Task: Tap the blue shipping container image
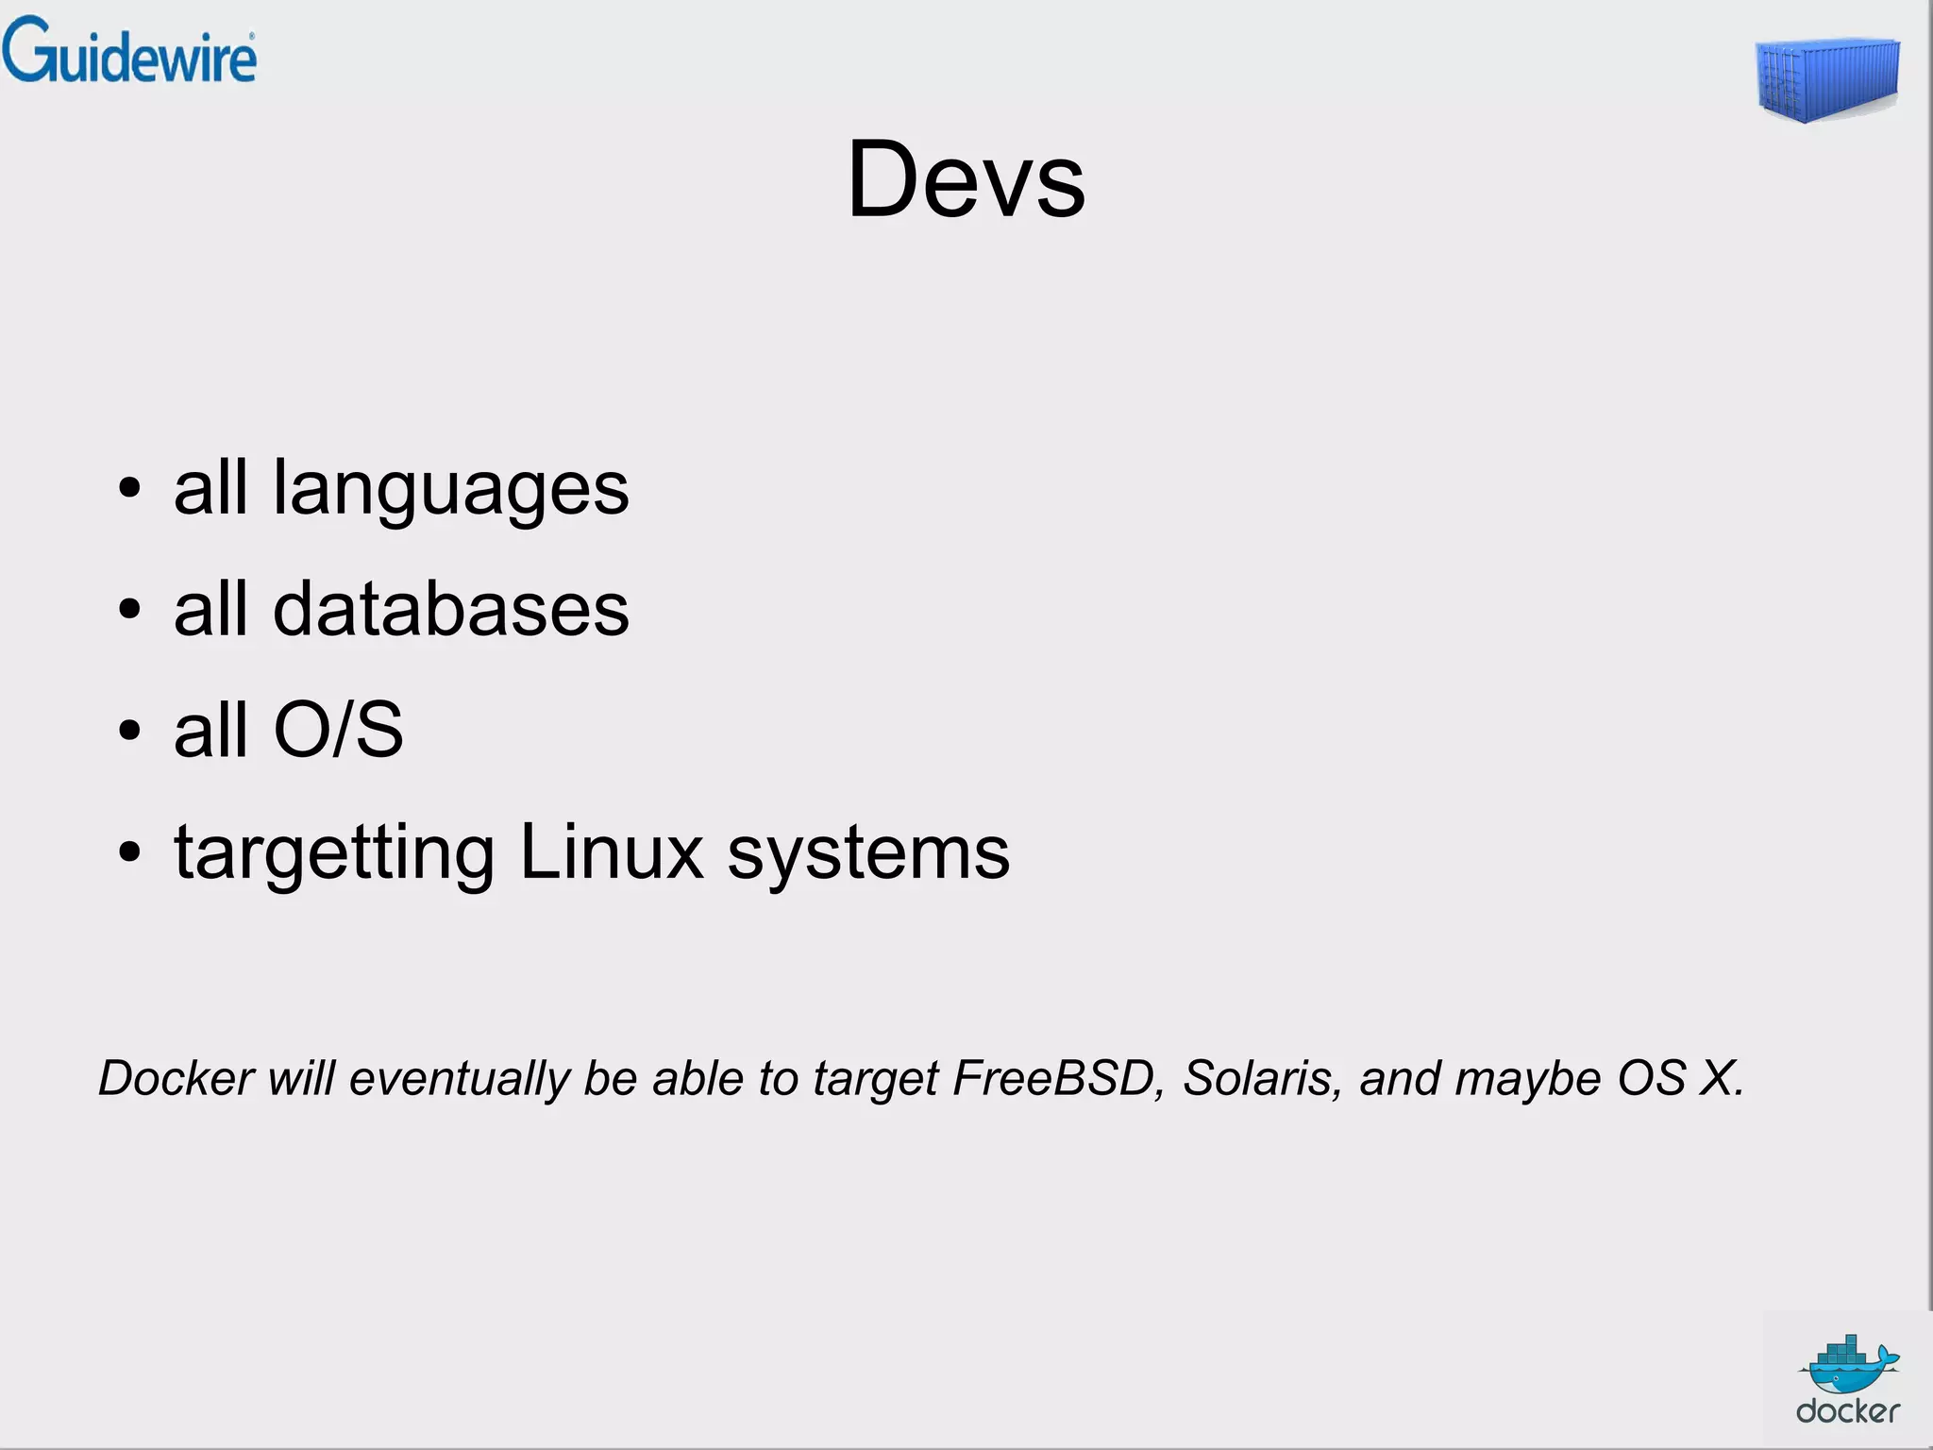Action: (1827, 80)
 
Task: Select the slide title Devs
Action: (966, 179)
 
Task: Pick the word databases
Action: (450, 609)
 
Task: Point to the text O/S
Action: (338, 730)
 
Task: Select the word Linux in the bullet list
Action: (612, 851)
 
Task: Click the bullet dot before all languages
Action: (130, 489)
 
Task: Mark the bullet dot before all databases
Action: (130, 610)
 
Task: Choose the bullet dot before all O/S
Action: (130, 731)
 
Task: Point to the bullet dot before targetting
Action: (130, 852)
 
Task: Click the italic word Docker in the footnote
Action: (176, 1078)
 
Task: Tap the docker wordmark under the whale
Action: (1847, 1411)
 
